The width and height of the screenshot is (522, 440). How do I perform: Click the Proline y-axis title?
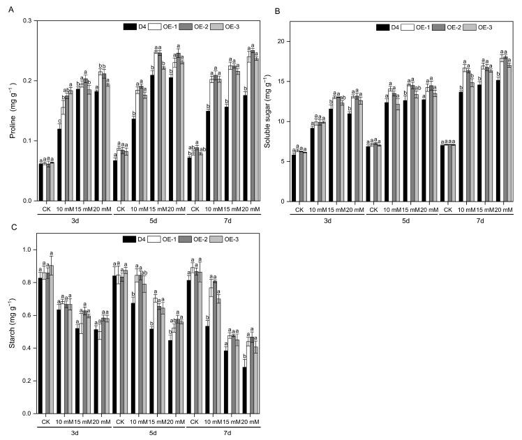[12, 112]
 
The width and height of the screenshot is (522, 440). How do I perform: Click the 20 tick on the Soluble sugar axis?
[285, 42]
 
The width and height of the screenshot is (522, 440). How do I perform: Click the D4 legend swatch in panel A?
[130, 27]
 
